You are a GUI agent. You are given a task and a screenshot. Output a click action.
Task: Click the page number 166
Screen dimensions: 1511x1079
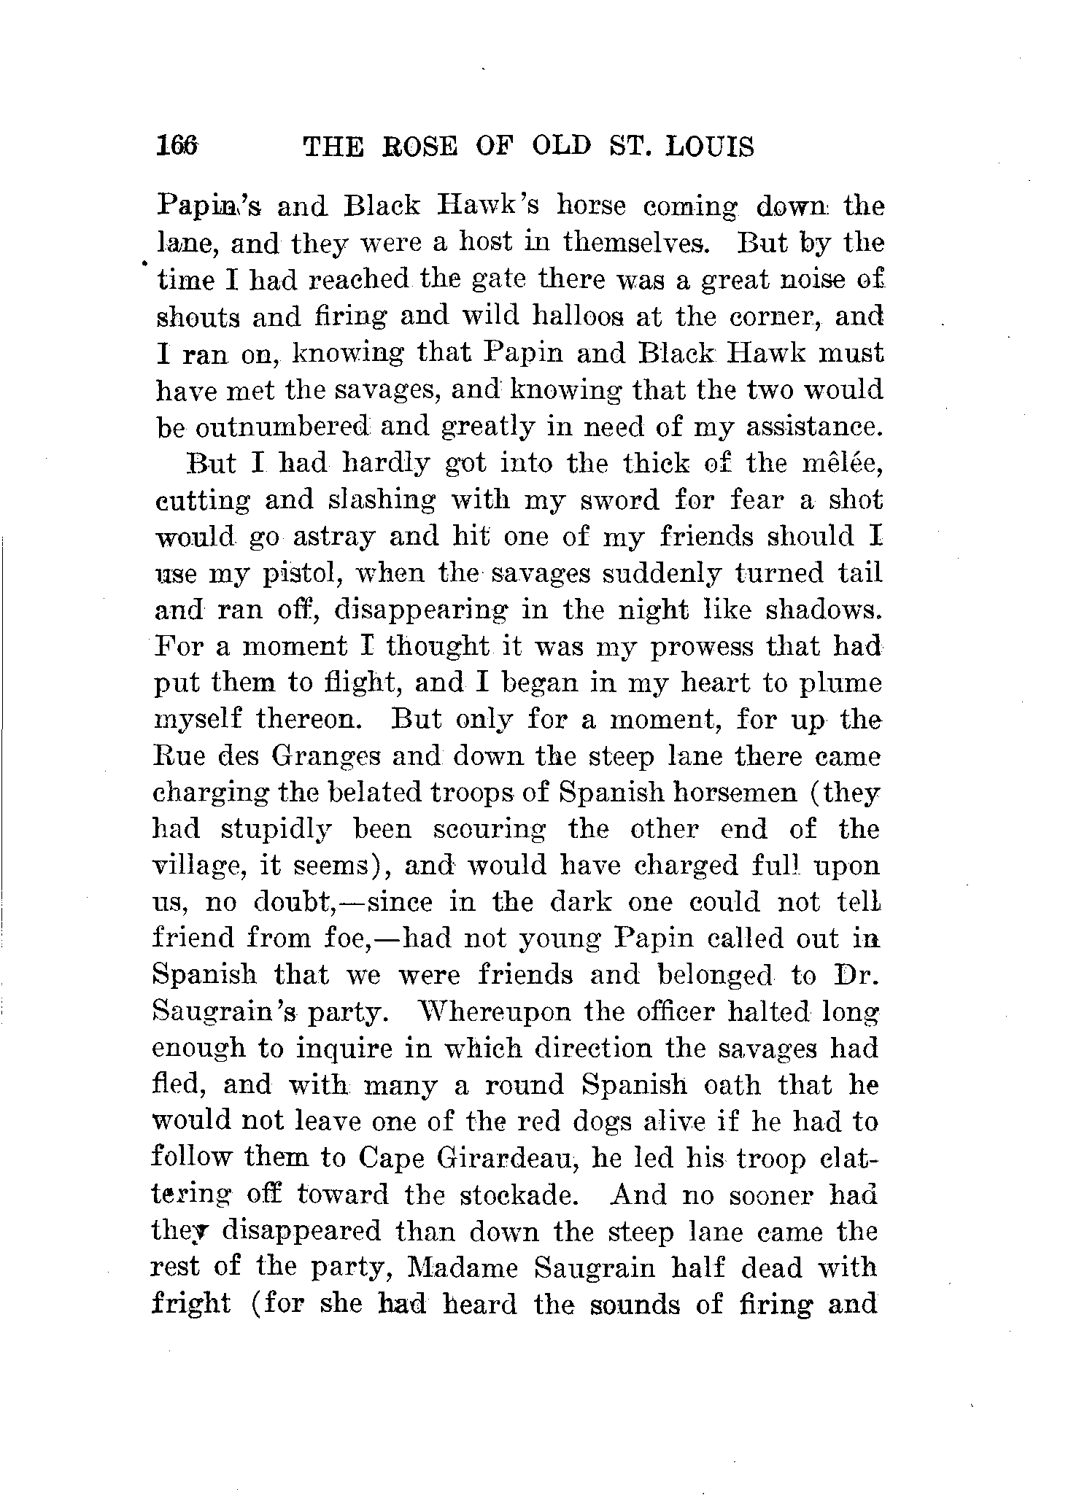point(177,147)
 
